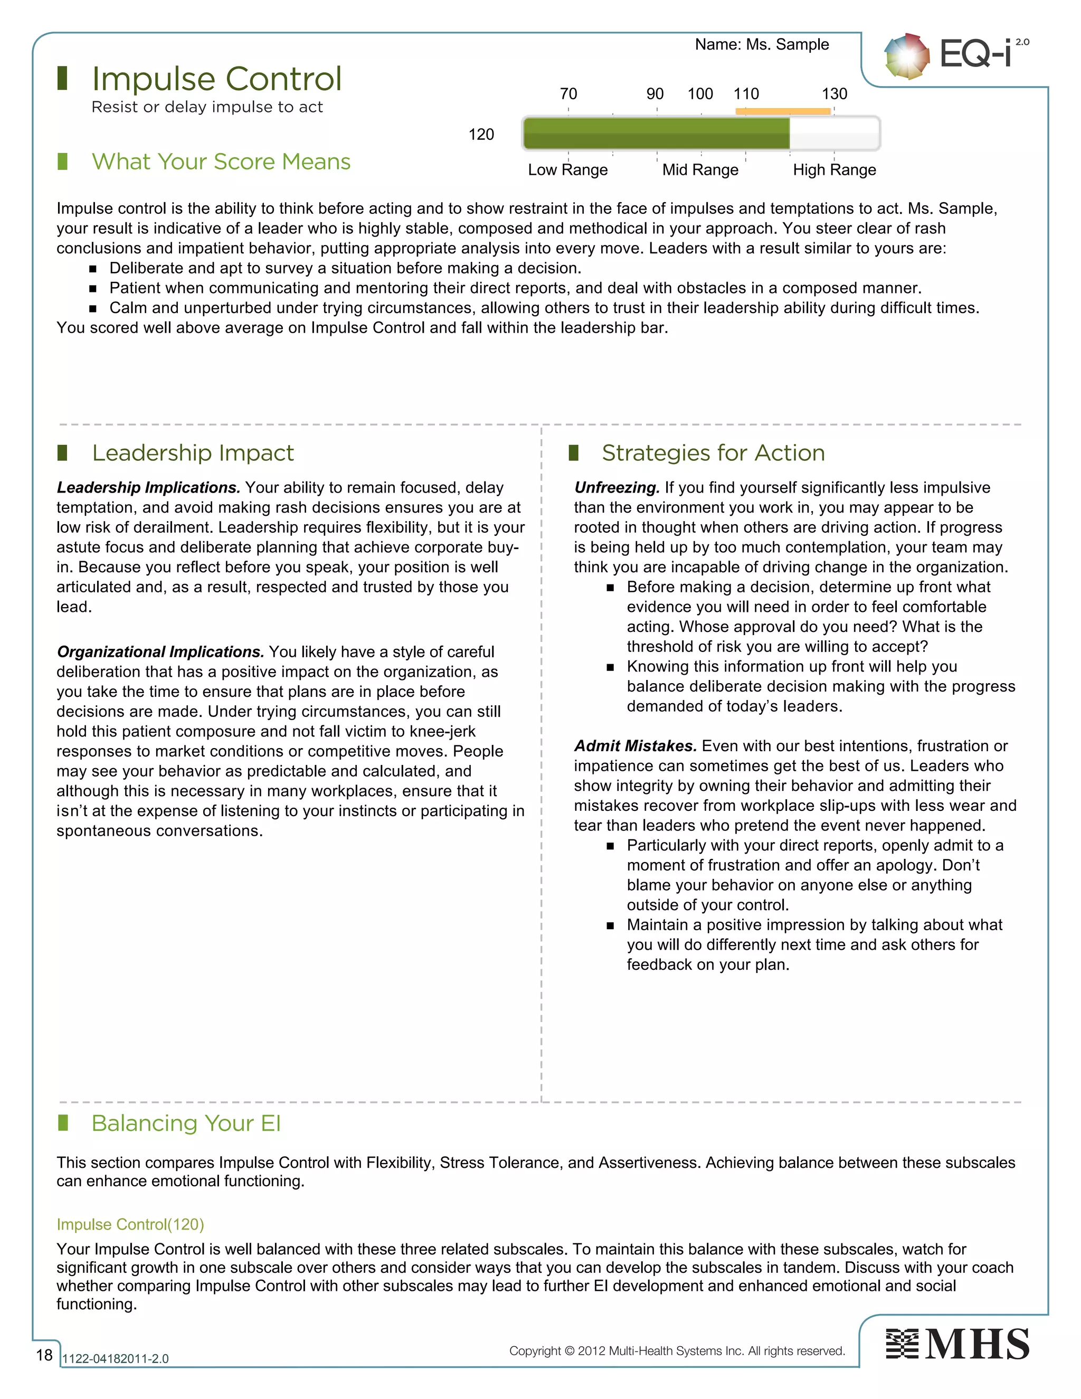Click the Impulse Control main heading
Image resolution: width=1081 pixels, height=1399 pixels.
click(x=216, y=79)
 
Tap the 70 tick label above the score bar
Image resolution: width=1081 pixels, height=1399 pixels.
click(x=568, y=94)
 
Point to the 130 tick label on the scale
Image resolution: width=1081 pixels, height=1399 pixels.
click(x=834, y=94)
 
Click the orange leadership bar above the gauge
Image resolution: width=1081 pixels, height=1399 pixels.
click(x=783, y=111)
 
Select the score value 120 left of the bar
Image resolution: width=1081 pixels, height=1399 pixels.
click(x=481, y=135)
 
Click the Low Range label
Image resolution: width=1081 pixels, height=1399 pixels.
click(x=567, y=170)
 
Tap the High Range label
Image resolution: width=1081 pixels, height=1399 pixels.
click(x=834, y=170)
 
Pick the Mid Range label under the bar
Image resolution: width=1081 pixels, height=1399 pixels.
click(x=700, y=170)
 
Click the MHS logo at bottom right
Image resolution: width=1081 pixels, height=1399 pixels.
click(x=957, y=1344)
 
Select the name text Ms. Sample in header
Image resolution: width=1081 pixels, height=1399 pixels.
click(x=762, y=44)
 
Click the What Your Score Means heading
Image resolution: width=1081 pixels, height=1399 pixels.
click(x=221, y=162)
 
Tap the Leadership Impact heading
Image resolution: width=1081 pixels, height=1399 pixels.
click(x=193, y=453)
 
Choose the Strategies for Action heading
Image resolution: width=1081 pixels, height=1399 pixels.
click(x=713, y=453)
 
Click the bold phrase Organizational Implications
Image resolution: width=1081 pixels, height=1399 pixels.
click(x=160, y=651)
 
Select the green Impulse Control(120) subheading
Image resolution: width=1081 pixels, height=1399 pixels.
click(x=130, y=1224)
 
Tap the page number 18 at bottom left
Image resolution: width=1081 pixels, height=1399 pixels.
click(x=44, y=1355)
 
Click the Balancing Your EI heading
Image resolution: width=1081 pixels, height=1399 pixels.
click(x=186, y=1123)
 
